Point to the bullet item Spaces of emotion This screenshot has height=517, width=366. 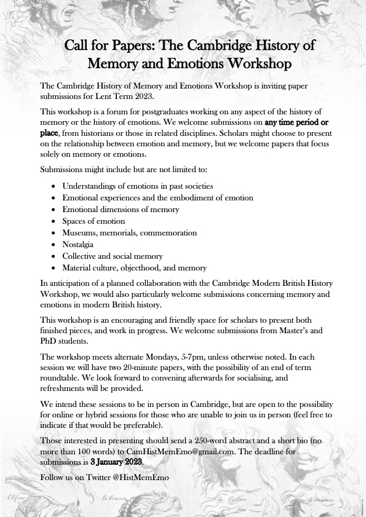93,221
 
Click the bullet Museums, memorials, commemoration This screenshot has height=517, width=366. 129,233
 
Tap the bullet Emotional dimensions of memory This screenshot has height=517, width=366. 121,210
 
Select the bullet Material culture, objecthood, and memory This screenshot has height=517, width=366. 134,268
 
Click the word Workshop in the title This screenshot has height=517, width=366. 257,63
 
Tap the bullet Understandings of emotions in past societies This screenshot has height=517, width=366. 137,186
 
